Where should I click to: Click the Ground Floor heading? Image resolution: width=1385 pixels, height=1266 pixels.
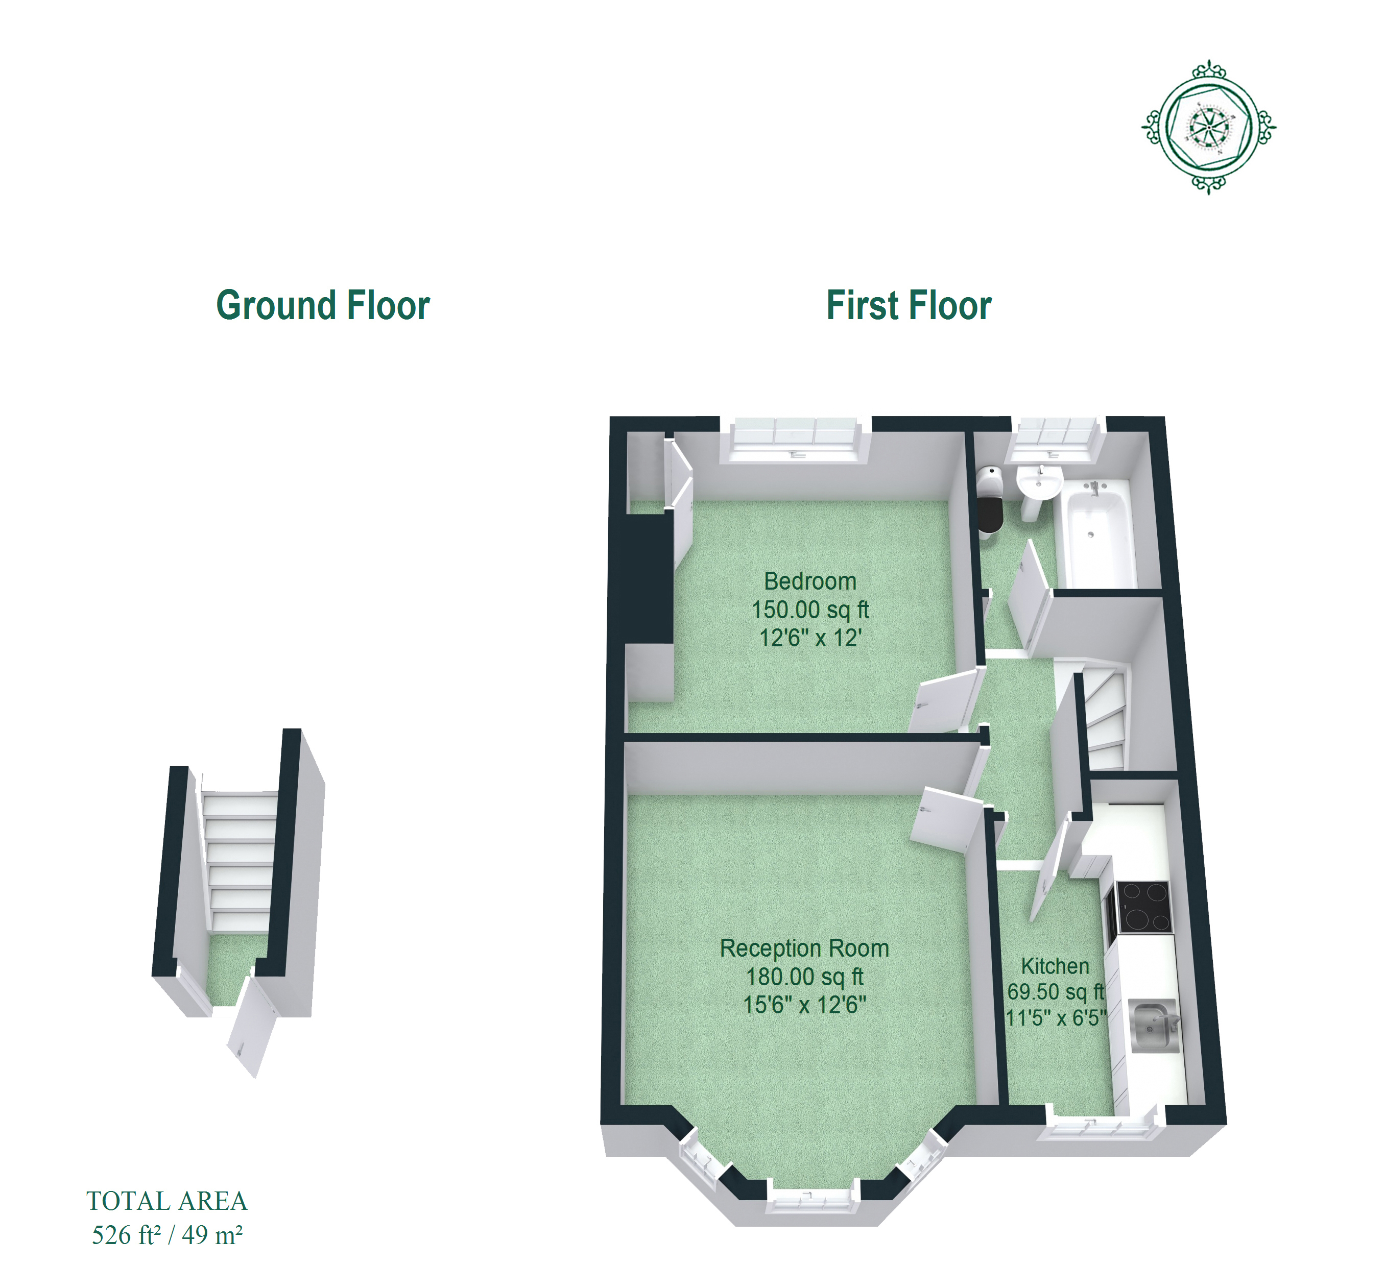[x=323, y=305]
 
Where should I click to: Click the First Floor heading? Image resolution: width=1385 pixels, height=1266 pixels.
[x=909, y=305]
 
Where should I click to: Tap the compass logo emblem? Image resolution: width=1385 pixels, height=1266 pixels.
[x=1208, y=127]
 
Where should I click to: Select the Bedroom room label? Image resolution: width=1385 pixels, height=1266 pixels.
[x=810, y=581]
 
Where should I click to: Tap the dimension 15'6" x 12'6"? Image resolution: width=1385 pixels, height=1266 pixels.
[x=804, y=1005]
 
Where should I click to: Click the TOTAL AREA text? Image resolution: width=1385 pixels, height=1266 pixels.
[x=167, y=1201]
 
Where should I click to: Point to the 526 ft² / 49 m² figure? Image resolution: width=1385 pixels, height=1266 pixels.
[x=167, y=1235]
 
